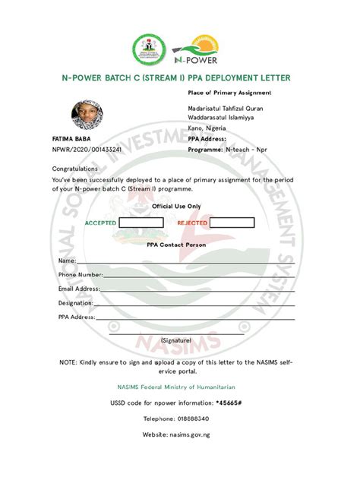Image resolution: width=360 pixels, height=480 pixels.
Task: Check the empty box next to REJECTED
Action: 232,223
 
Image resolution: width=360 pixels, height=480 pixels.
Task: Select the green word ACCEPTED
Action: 100,223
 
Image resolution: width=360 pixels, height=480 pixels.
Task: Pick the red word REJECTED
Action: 192,223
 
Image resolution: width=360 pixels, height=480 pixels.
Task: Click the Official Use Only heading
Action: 176,206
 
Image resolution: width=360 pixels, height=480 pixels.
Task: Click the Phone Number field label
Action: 81,274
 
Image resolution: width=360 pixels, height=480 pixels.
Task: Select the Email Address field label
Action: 79,289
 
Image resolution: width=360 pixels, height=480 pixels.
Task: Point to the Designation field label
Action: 75,302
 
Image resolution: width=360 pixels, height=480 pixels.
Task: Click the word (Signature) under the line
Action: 176,341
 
